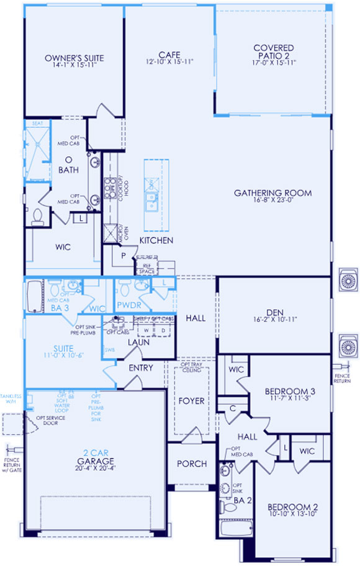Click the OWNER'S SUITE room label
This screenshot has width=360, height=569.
point(74,58)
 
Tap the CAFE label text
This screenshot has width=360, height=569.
point(169,53)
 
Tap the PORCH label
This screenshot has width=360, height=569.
point(192,464)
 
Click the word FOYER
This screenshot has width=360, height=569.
point(192,401)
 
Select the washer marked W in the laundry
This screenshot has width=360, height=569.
point(146,331)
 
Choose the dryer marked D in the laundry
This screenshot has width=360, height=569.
point(163,331)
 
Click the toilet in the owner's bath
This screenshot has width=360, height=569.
point(37,215)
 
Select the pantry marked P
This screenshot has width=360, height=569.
point(123,256)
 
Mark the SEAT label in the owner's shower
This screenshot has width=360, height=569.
point(37,124)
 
